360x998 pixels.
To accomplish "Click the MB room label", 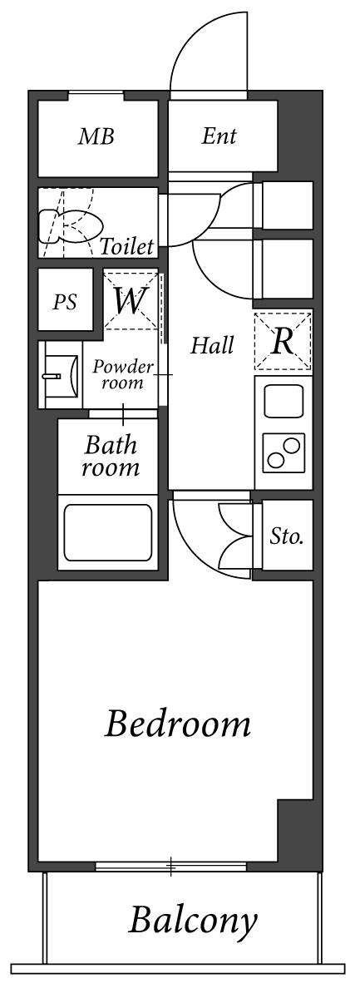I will (96, 137).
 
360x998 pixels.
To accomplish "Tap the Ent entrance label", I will (219, 137).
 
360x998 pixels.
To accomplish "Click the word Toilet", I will (126, 246).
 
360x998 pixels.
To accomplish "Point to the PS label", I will (65, 302).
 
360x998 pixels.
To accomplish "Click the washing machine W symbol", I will (130, 300).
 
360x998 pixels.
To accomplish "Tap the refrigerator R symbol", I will (283, 341).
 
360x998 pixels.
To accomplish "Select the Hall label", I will (212, 345).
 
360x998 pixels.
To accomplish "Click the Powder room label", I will (122, 374).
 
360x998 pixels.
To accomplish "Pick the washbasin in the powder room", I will (55, 375).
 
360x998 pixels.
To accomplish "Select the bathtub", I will (106, 531).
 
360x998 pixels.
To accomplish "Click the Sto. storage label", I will (286, 536).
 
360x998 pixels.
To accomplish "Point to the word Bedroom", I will (177, 724).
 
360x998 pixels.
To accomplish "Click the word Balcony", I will (193, 921).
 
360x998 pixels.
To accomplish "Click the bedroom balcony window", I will (171, 867).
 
